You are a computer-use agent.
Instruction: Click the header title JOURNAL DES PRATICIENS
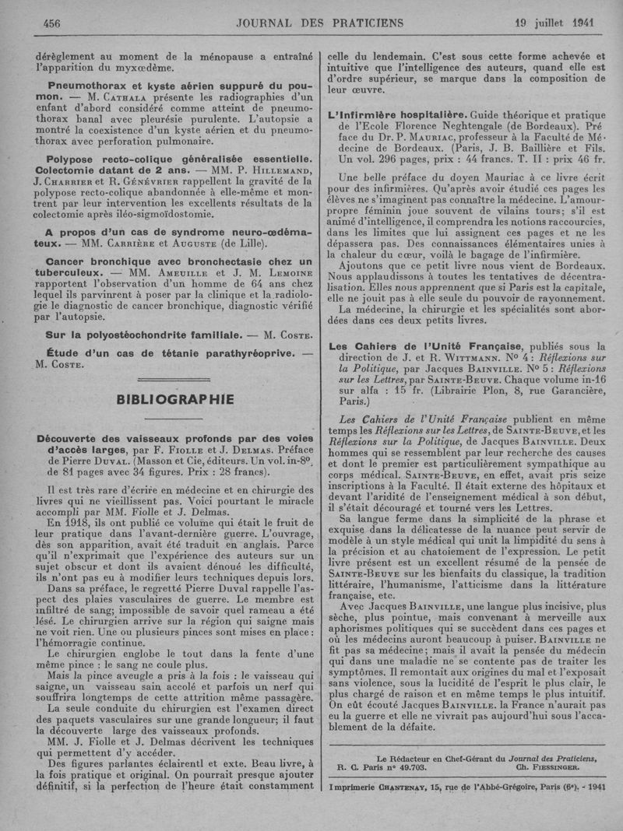(x=312, y=22)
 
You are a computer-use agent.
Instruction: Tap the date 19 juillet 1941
(x=554, y=22)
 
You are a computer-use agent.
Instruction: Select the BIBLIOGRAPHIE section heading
(x=174, y=399)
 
